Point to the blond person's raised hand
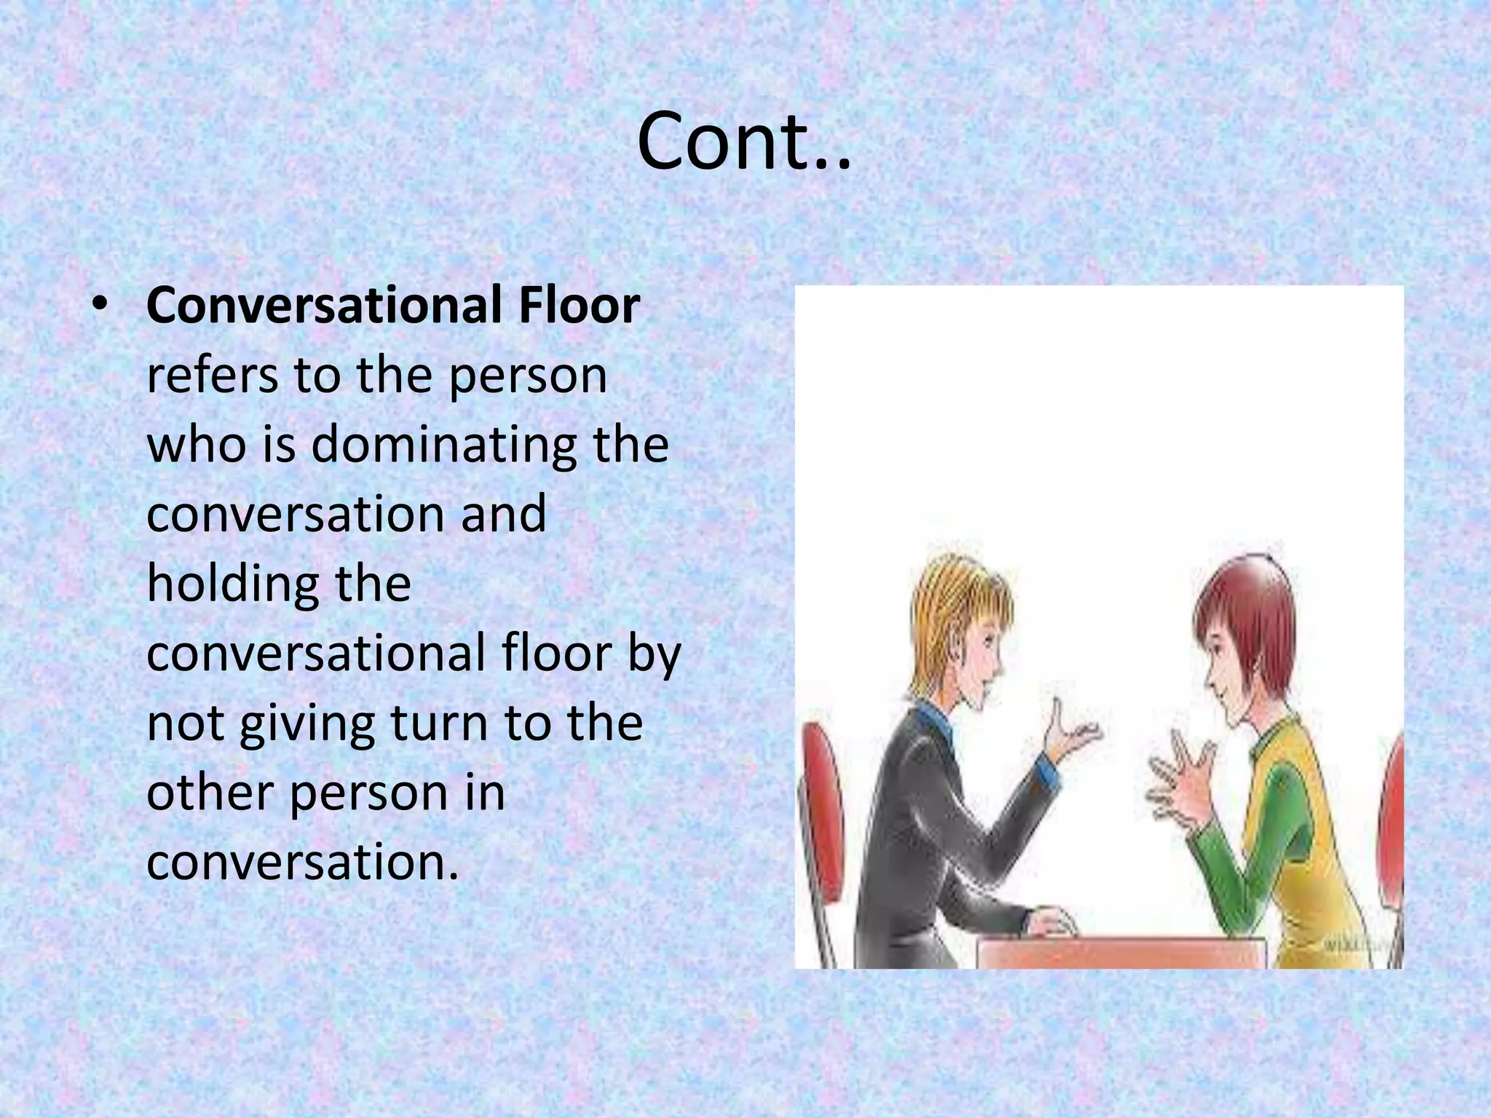click(1070, 735)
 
